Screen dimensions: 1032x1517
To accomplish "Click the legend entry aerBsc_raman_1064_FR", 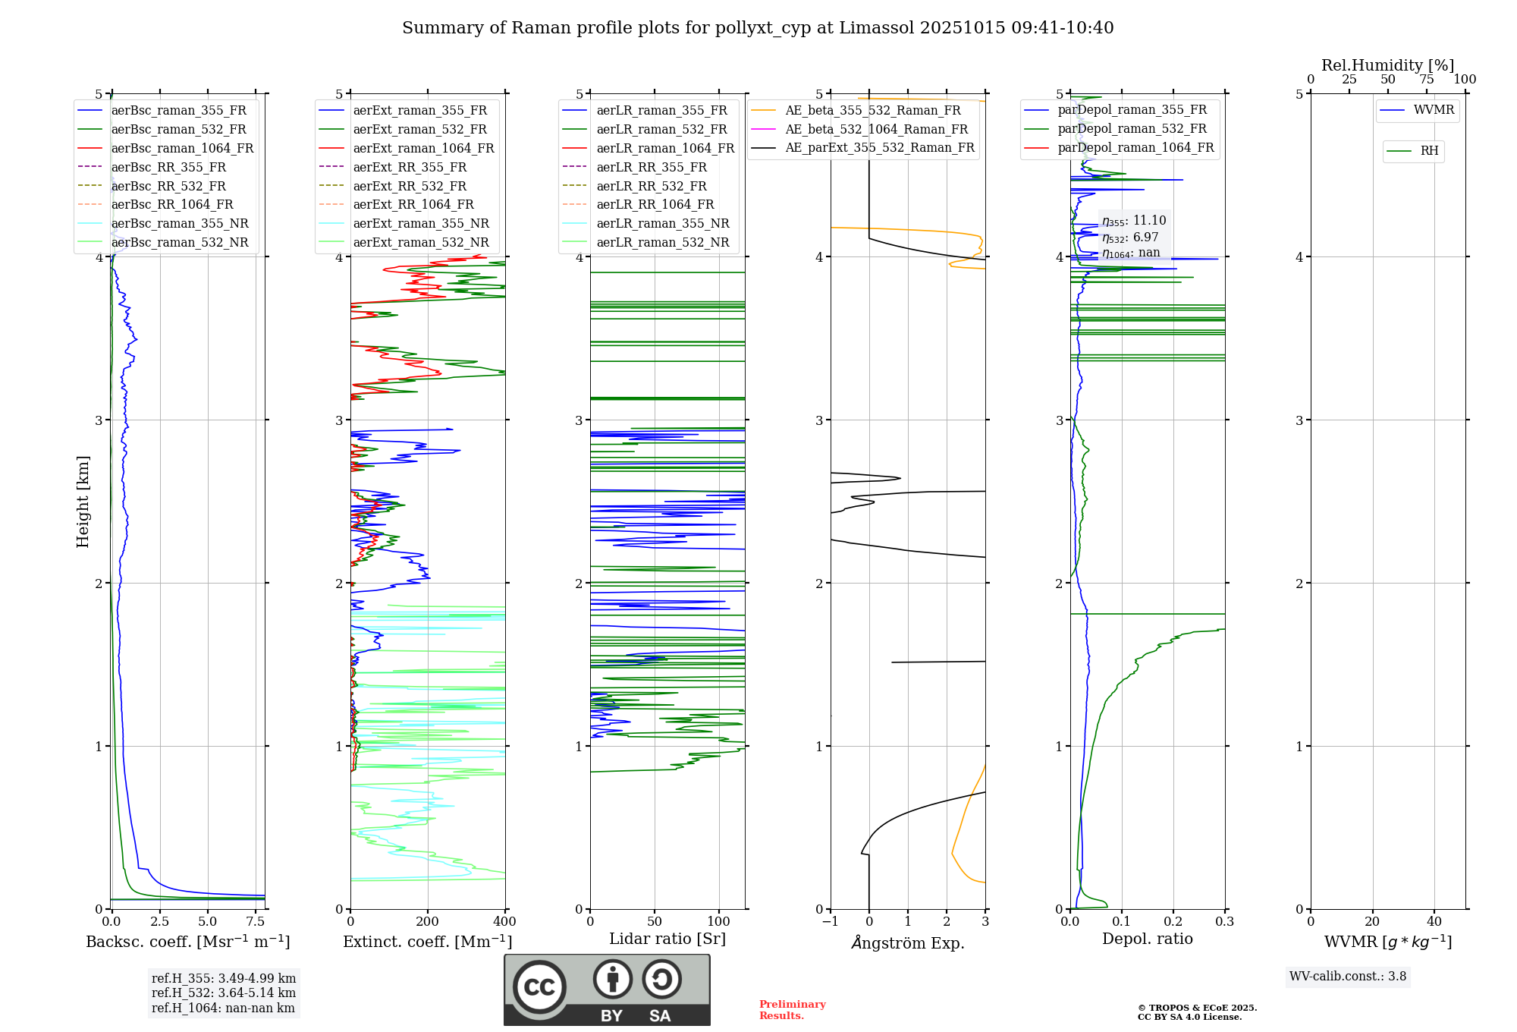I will pos(182,148).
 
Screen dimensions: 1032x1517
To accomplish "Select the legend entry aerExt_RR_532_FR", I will pos(410,186).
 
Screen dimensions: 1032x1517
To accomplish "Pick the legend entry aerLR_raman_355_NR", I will pos(662,223).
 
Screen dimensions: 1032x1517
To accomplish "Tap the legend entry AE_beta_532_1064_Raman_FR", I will pos(876,129).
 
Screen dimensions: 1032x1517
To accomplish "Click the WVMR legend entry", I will pos(1434,110).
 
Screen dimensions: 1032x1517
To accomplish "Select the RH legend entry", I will pos(1429,151).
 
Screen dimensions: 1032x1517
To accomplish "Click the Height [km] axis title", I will pos(83,502).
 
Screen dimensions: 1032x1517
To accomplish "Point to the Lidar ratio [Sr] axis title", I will pos(667,939).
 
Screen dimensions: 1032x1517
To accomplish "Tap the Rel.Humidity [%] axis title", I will pos(1387,65).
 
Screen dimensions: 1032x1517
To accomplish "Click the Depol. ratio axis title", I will pos(1147,939).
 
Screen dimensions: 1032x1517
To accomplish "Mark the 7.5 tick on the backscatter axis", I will pos(256,921).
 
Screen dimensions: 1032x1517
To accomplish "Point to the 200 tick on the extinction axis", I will pos(428,921).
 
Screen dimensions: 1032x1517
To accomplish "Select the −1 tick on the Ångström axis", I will pos(830,921).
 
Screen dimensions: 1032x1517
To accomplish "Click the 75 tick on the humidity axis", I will pos(1426,79).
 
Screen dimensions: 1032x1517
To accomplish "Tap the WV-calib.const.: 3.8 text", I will pos(1347,976).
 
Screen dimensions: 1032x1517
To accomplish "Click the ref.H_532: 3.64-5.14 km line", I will pos(223,993).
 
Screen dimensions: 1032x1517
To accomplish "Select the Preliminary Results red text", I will pos(792,1010).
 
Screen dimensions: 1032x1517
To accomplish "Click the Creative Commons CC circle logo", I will pos(539,986).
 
